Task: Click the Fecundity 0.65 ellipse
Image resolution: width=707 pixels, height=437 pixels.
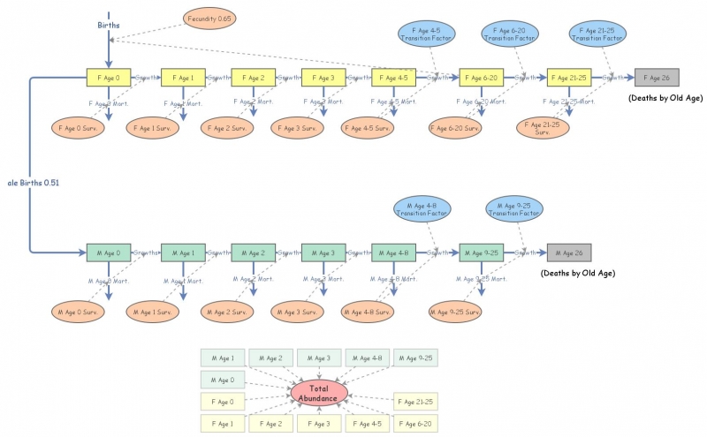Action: pyautogui.click(x=209, y=18)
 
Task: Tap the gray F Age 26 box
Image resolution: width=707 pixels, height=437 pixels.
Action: pyautogui.click(x=657, y=78)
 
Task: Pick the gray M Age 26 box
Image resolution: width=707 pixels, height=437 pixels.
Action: pyautogui.click(x=569, y=252)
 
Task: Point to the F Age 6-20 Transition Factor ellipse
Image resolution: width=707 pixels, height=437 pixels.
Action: pyautogui.click(x=510, y=34)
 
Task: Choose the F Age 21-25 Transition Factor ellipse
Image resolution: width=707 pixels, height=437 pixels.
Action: pyautogui.click(x=598, y=34)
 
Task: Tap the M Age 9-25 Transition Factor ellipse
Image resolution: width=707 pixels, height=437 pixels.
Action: pyautogui.click(x=514, y=209)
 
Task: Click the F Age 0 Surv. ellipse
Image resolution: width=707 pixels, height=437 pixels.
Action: pyautogui.click(x=80, y=127)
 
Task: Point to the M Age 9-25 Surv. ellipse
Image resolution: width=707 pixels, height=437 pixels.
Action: pyautogui.click(x=456, y=312)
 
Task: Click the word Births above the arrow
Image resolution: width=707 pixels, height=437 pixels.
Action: pyautogui.click(x=109, y=26)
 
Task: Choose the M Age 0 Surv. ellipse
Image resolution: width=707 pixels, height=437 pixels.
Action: pyautogui.click(x=80, y=312)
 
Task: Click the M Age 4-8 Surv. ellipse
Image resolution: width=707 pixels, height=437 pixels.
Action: pyautogui.click(x=369, y=312)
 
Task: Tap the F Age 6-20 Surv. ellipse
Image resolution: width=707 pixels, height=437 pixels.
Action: pyautogui.click(x=456, y=128)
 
